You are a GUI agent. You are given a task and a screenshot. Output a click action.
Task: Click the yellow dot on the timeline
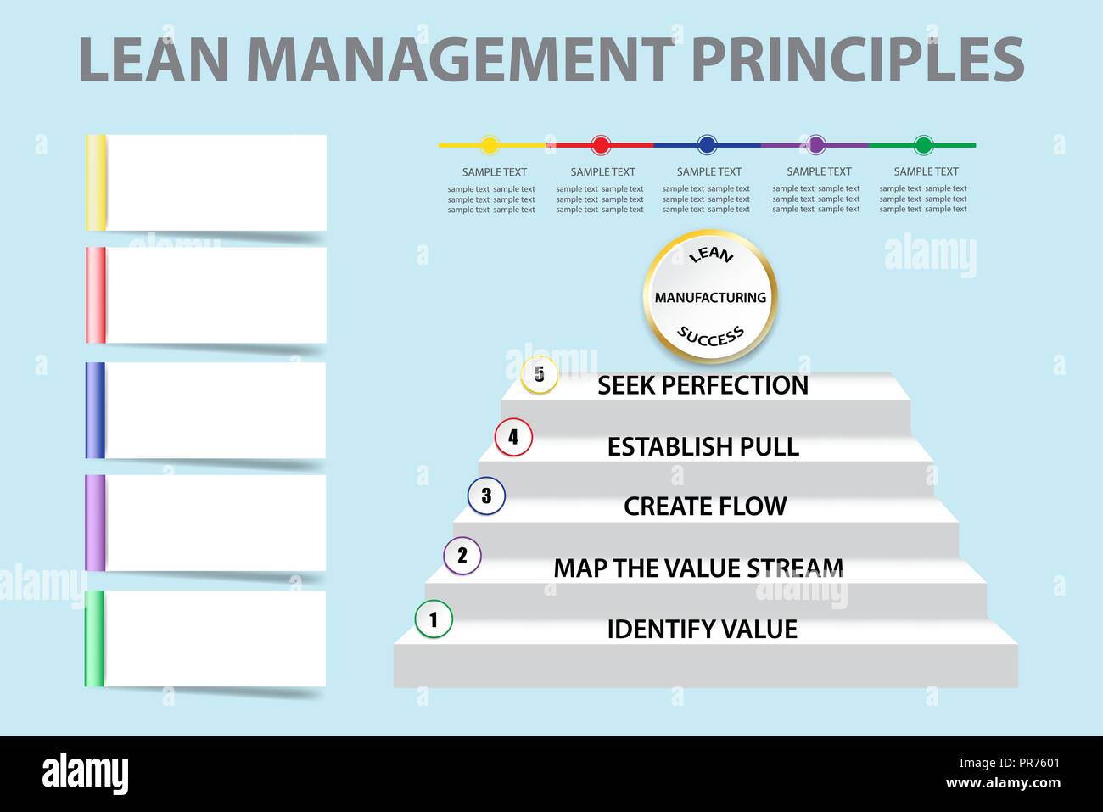click(490, 145)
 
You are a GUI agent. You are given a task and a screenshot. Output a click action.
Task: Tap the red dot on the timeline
click(601, 145)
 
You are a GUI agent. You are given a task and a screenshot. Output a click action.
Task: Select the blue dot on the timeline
click(707, 145)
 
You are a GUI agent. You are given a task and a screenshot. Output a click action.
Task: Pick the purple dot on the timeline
click(815, 145)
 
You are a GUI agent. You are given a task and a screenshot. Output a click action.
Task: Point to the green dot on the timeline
click(924, 145)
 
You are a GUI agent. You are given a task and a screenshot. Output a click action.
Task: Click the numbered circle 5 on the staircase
click(539, 374)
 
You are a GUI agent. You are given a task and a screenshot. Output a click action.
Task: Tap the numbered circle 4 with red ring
click(513, 437)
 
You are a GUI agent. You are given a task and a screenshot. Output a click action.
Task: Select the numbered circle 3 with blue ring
click(486, 496)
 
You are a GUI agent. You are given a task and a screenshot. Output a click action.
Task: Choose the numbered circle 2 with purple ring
click(462, 556)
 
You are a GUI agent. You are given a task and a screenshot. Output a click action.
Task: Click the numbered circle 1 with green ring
click(434, 619)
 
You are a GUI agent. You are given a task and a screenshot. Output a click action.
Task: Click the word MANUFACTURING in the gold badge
click(710, 298)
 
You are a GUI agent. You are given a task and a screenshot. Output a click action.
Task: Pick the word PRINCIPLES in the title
click(857, 59)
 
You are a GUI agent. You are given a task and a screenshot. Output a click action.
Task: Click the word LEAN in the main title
click(154, 59)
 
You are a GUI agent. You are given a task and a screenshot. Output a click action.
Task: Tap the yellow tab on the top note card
click(96, 182)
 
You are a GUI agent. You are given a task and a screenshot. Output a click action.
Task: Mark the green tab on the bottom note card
click(94, 638)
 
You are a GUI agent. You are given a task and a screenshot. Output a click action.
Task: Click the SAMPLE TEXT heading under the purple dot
click(819, 171)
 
